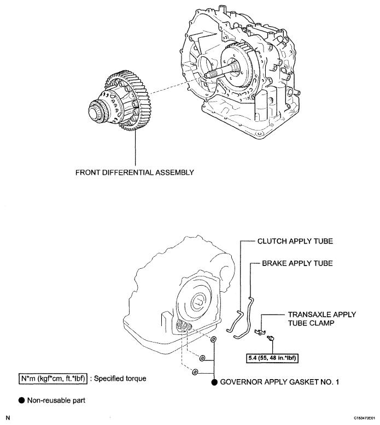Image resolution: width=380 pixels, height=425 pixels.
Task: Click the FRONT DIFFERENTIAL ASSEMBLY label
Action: click(135, 173)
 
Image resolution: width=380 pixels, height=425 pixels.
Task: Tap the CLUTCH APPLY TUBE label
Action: click(295, 241)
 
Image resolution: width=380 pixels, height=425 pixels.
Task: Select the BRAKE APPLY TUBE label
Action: click(297, 263)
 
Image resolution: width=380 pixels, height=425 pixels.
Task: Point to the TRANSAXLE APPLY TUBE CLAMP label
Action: click(321, 319)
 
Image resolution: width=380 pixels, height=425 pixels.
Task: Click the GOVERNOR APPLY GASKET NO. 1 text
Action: click(279, 382)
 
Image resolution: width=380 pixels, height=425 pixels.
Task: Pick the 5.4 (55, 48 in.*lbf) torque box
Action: click(272, 358)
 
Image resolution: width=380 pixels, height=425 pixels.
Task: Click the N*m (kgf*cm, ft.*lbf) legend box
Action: click(53, 379)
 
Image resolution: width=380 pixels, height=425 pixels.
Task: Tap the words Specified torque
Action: click(120, 379)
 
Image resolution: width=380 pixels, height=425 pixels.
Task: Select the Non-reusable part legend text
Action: click(56, 400)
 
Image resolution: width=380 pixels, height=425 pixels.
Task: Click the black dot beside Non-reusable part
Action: click(22, 400)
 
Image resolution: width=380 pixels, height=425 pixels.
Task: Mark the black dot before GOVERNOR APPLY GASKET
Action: click(214, 382)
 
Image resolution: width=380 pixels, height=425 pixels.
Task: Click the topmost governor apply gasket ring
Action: click(214, 339)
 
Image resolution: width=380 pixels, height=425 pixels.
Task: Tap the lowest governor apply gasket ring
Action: click(195, 372)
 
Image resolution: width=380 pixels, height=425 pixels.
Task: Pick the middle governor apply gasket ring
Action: click(202, 358)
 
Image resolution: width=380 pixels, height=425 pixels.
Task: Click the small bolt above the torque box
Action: click(271, 338)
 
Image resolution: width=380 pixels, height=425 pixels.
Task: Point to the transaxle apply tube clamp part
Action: click(260, 332)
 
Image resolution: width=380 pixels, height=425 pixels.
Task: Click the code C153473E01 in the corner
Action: click(364, 418)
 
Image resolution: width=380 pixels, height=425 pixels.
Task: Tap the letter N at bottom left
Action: click(8, 418)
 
